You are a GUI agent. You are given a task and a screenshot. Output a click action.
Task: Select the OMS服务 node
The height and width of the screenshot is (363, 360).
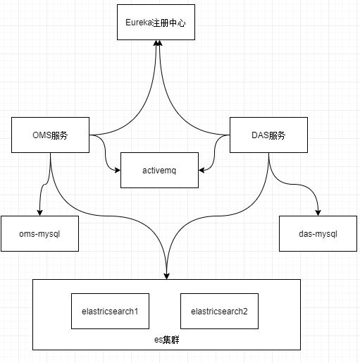[x=50, y=135]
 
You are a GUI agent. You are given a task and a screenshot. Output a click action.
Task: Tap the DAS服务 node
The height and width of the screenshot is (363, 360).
[x=268, y=135]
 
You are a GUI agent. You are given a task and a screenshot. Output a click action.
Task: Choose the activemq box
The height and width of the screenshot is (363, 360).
[x=159, y=170]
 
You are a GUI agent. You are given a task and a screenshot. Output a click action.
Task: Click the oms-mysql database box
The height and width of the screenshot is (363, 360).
[x=39, y=233]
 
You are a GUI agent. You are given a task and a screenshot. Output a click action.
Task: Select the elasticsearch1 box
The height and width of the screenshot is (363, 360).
[x=110, y=310]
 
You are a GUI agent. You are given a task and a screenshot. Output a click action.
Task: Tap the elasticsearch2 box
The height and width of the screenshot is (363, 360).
[x=218, y=310]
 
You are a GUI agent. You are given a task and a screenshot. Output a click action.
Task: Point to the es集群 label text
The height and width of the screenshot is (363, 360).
[x=166, y=340]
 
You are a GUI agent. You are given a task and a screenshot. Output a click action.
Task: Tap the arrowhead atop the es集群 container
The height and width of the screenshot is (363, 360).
[x=166, y=275]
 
